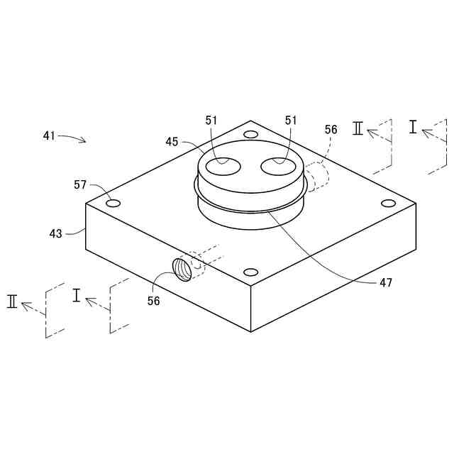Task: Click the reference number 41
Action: pyautogui.click(x=49, y=135)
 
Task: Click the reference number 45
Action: pyautogui.click(x=172, y=142)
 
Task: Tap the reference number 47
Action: pyautogui.click(x=386, y=282)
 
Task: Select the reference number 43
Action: pyautogui.click(x=55, y=233)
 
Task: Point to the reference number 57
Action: pyautogui.click(x=79, y=185)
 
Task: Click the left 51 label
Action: pyautogui.click(x=211, y=121)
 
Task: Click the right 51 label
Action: pyautogui.click(x=291, y=121)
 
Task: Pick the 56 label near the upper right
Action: pyautogui.click(x=331, y=130)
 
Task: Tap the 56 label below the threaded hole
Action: pyautogui.click(x=153, y=301)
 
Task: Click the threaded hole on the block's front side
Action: pyautogui.click(x=182, y=269)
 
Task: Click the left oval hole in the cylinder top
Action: pyautogui.click(x=219, y=167)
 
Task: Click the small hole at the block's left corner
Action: pyautogui.click(x=113, y=204)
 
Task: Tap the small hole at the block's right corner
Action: pyautogui.click(x=388, y=204)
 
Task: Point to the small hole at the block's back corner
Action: pyautogui.click(x=250, y=134)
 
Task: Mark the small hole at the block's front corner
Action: pyautogui.click(x=250, y=272)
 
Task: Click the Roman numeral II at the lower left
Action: pyautogui.click(x=12, y=301)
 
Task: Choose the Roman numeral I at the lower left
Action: pyautogui.click(x=77, y=295)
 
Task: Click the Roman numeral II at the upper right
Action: pyautogui.click(x=358, y=128)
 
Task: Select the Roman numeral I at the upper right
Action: pyautogui.click(x=413, y=126)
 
